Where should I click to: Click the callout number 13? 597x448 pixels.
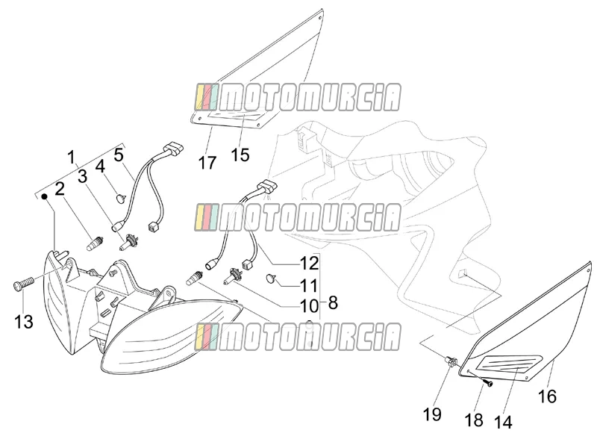(x=24, y=322)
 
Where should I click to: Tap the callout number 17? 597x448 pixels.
(x=207, y=163)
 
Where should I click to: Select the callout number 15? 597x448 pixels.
(x=240, y=155)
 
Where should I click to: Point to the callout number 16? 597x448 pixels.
(x=547, y=396)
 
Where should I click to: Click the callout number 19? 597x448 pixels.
(x=432, y=414)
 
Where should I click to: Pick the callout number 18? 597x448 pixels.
(x=474, y=420)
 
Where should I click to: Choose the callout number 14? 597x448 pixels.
(x=503, y=422)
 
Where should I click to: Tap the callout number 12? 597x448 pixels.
(x=309, y=264)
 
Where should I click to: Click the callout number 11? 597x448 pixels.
(x=309, y=285)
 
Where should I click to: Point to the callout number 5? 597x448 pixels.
(x=119, y=155)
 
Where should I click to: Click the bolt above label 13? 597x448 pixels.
(x=24, y=284)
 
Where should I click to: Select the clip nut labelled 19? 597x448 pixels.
(x=451, y=361)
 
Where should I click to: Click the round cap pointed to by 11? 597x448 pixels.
(x=270, y=279)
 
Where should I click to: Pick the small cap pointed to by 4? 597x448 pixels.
(x=121, y=199)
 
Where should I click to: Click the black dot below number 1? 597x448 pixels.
(x=45, y=196)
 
